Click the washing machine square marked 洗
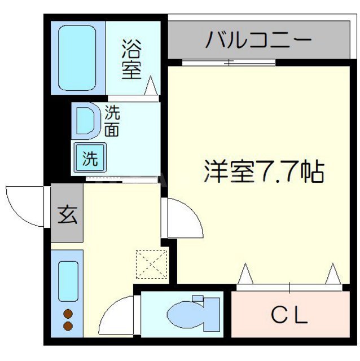(x=90, y=157)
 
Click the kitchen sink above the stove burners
(x=68, y=281)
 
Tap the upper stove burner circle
(x=68, y=314)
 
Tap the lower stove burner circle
(x=68, y=326)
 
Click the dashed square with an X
(x=152, y=263)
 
